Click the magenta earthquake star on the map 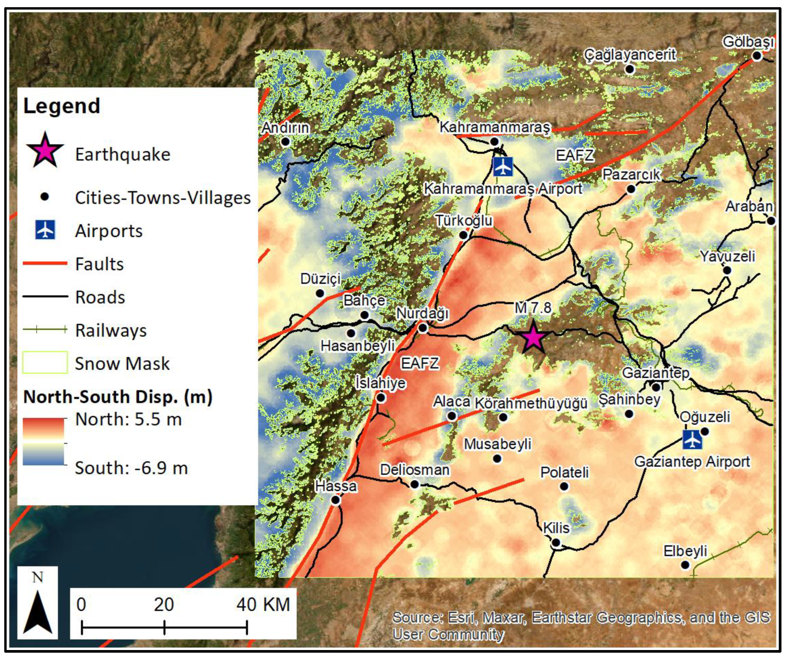[x=533, y=338]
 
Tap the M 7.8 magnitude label [x=533, y=308]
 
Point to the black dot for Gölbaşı [x=757, y=56]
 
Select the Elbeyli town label [x=685, y=551]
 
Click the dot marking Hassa [x=335, y=500]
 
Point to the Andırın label [x=286, y=128]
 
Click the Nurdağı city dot [x=423, y=328]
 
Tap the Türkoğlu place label [x=464, y=220]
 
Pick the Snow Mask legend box [x=45, y=362]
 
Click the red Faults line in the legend [x=45, y=263]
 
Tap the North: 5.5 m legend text [x=128, y=419]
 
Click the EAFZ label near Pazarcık [x=574, y=155]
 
